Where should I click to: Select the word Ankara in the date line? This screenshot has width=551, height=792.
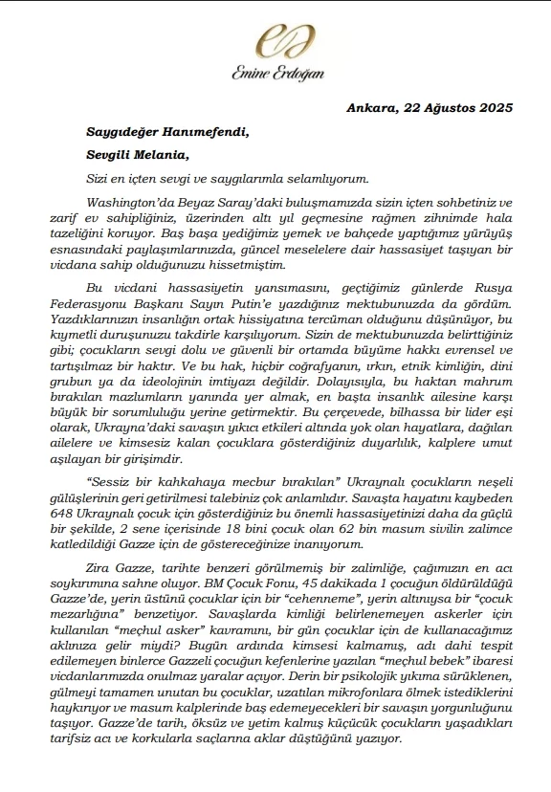370,110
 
